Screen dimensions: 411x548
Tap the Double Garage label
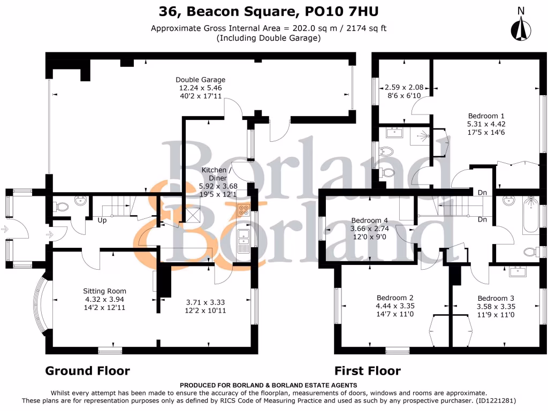click(201, 80)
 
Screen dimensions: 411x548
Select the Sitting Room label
click(104, 291)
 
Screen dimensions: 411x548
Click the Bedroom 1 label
click(486, 116)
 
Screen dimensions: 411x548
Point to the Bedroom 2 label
click(395, 298)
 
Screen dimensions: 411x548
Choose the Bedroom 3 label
click(496, 298)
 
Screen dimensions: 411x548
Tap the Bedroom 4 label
click(369, 220)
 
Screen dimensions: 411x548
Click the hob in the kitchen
click(244, 210)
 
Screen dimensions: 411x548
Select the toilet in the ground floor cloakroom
click(61, 205)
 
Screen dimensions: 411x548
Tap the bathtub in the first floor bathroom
click(531, 215)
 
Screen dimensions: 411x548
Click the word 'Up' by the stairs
click(102, 219)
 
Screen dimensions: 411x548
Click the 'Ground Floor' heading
click(87, 370)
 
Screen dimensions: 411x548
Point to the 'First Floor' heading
click(367, 370)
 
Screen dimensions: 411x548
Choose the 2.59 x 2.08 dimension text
click(404, 87)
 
